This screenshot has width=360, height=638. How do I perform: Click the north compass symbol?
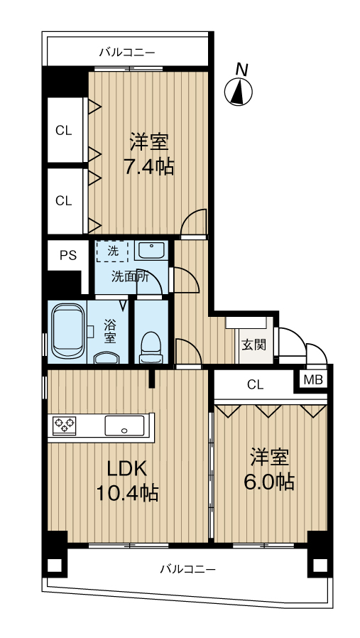(239, 91)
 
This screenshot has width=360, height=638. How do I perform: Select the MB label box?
(312, 379)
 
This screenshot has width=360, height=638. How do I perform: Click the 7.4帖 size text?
(148, 168)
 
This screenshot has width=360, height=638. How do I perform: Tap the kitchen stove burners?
(64, 426)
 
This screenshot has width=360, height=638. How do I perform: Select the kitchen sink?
(124, 426)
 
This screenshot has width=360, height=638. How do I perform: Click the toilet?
(151, 345)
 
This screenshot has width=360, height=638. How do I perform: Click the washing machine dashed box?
(114, 251)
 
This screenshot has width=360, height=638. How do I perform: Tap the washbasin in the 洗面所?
(150, 250)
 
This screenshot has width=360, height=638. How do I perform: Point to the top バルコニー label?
(127, 52)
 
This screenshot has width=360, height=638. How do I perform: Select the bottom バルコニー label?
(187, 569)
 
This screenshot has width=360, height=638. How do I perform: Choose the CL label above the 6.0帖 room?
(255, 385)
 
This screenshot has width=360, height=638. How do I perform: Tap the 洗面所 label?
(129, 277)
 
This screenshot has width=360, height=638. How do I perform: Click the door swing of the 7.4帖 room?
(194, 222)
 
